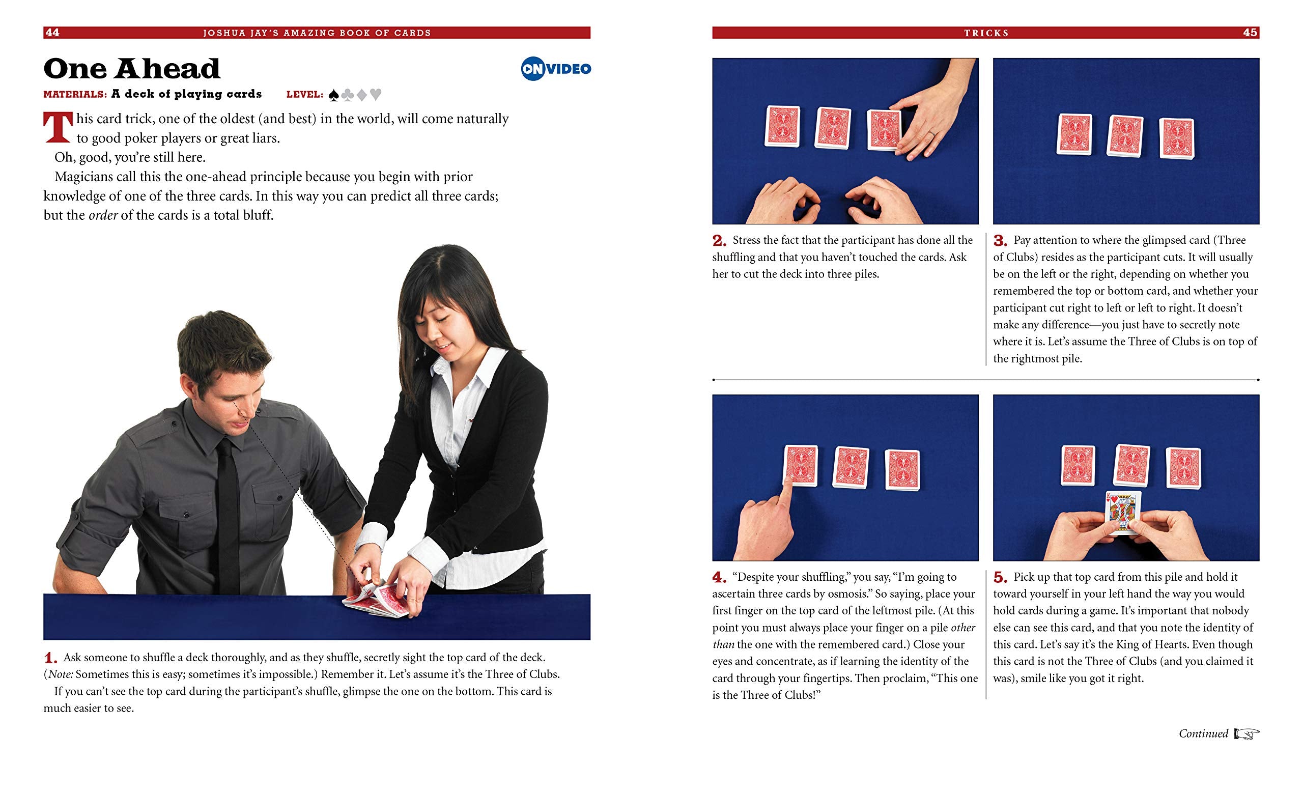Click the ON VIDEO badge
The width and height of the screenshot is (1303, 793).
556,69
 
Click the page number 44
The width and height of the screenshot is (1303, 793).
52,33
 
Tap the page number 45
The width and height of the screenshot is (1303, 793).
1250,33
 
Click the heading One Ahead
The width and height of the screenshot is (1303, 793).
132,69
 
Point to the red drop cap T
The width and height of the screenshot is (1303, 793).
58,127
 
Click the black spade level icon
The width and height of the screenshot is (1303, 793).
334,95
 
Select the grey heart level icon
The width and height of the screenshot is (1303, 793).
376,95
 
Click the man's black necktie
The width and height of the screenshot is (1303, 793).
228,516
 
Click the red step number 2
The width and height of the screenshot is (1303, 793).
719,241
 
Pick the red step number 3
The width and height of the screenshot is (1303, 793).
1000,241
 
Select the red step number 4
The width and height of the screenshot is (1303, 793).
719,578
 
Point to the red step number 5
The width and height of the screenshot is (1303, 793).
1000,578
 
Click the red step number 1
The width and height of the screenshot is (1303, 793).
50,658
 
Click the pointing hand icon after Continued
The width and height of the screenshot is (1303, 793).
1247,734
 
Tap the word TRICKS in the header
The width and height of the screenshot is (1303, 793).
986,33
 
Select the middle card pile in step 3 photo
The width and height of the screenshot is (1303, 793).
1125,136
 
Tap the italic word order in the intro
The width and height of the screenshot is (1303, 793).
103,216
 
